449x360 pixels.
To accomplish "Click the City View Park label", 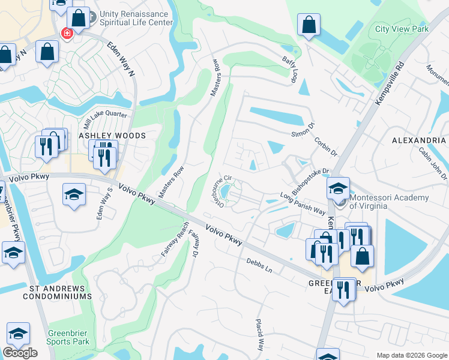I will [402, 28].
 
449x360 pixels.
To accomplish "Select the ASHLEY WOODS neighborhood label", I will [112, 136].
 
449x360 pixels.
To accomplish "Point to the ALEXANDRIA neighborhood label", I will [418, 140].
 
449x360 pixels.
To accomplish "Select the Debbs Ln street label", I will [259, 266].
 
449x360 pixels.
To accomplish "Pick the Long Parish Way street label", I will [303, 204].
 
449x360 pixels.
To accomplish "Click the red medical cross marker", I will [66, 33].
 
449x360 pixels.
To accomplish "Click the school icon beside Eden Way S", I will [74, 194].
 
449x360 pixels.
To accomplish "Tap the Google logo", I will [20, 353].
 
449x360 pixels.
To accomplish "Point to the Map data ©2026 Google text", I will [411, 355].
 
